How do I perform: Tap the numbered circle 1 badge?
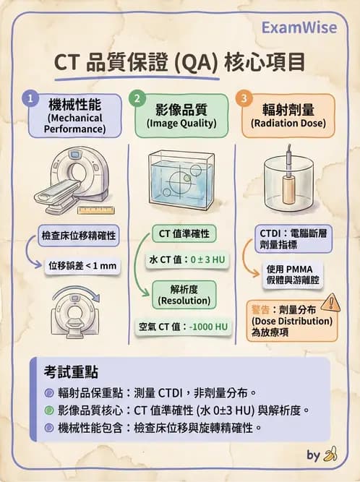(x=29, y=97)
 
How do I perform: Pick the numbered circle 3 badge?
(x=244, y=97)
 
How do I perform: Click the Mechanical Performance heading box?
(x=75, y=116)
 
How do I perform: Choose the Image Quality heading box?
(x=181, y=116)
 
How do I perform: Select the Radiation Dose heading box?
(x=288, y=116)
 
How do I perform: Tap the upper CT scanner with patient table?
(x=72, y=181)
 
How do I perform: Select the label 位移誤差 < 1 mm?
(x=82, y=265)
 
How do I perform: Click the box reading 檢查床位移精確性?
(x=80, y=236)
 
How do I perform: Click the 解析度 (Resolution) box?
(x=184, y=295)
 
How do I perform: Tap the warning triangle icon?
(x=330, y=301)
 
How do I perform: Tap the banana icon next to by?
(x=331, y=455)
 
